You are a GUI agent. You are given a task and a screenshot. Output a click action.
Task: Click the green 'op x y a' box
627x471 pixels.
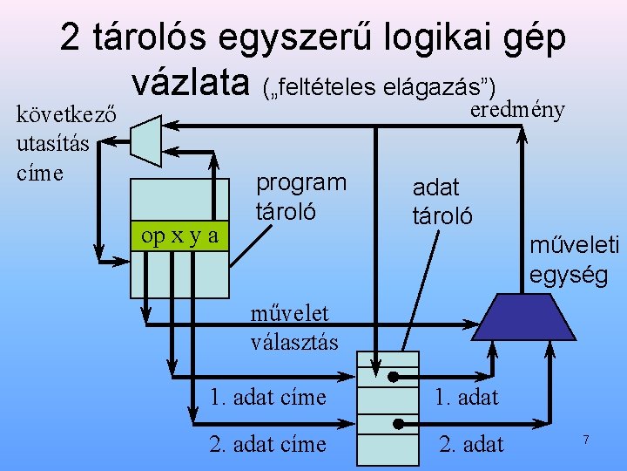coord(179,236)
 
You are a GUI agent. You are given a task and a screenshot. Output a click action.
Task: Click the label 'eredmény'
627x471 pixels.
coord(517,110)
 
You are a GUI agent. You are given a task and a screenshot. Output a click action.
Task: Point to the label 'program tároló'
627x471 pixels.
coord(300,196)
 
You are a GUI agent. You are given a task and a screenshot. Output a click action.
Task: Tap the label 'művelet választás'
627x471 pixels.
coord(293,326)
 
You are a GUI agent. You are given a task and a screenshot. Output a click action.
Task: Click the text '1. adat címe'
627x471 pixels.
coord(267,397)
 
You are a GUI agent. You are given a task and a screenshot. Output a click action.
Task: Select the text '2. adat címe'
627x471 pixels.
coord(267,444)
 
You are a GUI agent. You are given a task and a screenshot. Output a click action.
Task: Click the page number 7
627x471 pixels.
coord(586,440)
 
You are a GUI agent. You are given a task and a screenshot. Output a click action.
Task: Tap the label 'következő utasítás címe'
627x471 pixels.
coord(54,143)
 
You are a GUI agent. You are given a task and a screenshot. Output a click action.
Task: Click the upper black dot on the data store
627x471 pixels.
coord(393,378)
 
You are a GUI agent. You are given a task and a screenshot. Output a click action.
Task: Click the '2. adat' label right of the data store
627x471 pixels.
coord(471,444)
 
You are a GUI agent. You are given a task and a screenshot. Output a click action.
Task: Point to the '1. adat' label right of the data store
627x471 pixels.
coord(468,397)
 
